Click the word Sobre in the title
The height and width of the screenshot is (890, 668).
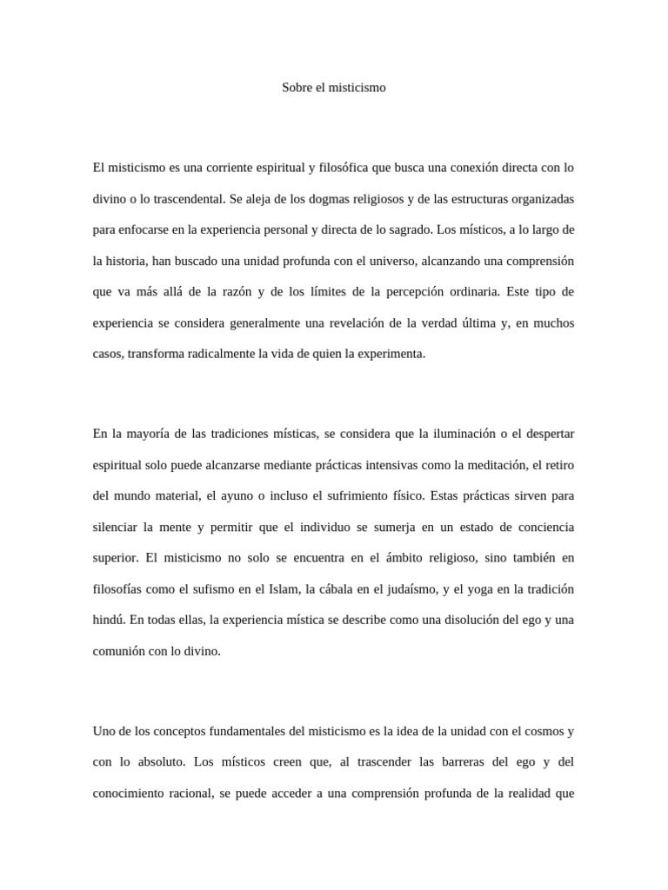click(297, 88)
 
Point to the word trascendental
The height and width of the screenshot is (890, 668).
click(183, 199)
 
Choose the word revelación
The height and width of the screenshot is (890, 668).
click(359, 323)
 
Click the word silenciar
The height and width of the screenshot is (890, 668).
click(117, 528)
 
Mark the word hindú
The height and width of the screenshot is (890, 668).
click(109, 621)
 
